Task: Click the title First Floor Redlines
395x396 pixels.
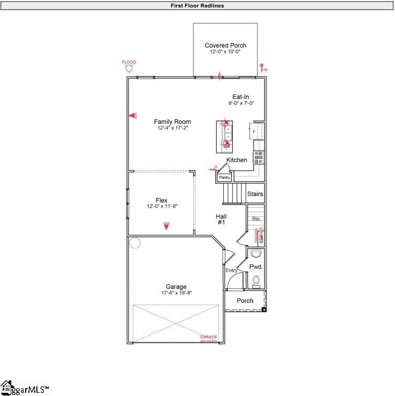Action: click(197, 6)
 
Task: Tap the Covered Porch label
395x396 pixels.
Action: click(225, 45)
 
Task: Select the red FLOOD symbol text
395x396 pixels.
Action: click(129, 62)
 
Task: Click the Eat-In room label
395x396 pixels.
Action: click(240, 97)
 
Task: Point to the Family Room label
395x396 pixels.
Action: click(172, 121)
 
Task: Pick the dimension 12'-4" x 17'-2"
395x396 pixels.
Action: click(172, 128)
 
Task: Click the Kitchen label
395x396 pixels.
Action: click(237, 160)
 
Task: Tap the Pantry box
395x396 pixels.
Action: click(224, 177)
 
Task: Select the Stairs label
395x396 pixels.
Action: click(255, 194)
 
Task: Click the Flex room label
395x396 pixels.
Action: click(161, 200)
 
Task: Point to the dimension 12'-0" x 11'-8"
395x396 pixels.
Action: click(161, 207)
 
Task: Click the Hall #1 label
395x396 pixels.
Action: click(221, 219)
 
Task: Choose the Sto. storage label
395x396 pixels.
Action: click(256, 218)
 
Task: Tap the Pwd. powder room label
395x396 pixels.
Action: click(256, 266)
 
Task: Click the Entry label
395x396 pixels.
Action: click(231, 270)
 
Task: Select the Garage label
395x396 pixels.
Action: click(176, 287)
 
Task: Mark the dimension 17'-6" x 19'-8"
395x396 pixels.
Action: click(176, 293)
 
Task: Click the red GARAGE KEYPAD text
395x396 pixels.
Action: click(209, 339)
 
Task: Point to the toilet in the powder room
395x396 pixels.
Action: click(256, 280)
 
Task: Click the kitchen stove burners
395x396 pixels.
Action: click(259, 157)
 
